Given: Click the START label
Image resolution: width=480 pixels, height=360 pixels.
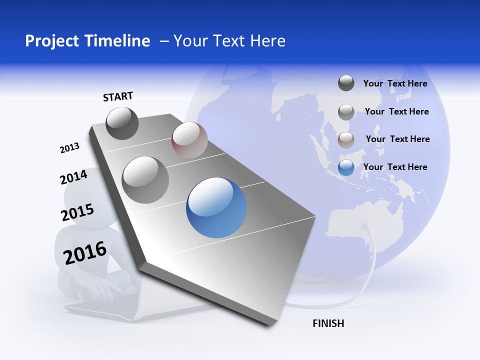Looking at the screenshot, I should click(118, 96).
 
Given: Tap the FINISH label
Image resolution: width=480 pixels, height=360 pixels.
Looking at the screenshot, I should click(328, 323).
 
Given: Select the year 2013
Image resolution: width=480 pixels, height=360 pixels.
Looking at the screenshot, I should click(69, 148).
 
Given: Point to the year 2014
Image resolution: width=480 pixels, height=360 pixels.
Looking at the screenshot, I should click(73, 177).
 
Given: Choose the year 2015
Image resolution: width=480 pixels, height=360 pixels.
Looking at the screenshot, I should click(77, 212).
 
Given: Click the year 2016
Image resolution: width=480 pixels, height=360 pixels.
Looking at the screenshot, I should click(85, 252).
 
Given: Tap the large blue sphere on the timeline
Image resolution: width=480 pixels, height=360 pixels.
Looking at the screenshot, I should click(216, 207).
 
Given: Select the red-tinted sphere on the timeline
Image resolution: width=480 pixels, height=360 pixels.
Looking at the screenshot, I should click(189, 140).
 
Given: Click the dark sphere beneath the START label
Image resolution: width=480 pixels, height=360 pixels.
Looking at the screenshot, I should click(122, 123).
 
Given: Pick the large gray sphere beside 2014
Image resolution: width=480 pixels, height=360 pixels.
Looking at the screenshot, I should click(145, 180).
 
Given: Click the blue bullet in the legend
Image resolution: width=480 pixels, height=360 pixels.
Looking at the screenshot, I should click(346, 167).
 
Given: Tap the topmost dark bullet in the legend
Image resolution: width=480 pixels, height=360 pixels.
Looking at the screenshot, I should click(346, 83).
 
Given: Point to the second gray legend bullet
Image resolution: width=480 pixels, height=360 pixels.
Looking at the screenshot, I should click(346, 111).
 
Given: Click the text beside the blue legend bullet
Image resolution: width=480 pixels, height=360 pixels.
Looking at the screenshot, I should click(395, 167).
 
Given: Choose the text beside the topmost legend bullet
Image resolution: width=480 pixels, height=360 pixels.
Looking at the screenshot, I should click(395, 83).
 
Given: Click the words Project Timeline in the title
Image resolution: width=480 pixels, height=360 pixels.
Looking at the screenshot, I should click(87, 41).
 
